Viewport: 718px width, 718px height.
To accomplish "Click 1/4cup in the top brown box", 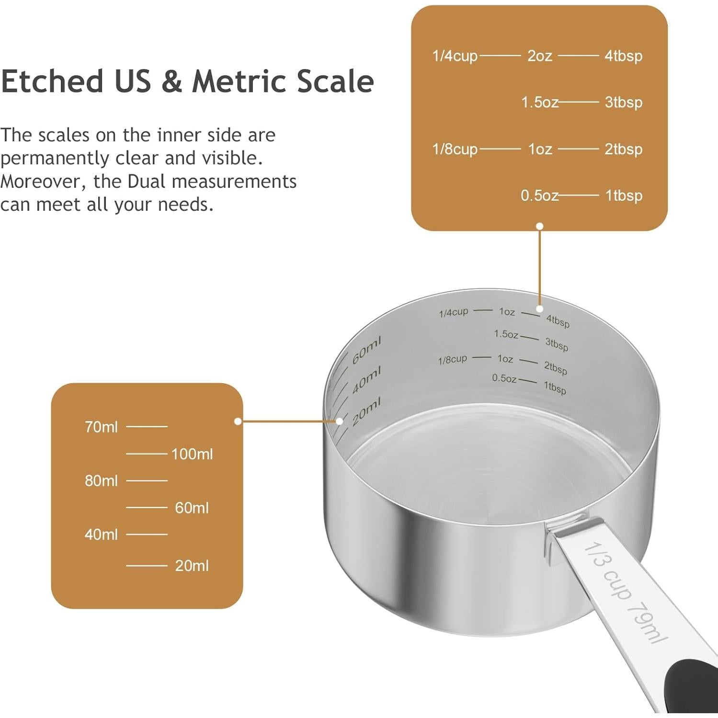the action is pos(455,56).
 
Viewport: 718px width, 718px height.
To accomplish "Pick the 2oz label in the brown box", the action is pos(540,56).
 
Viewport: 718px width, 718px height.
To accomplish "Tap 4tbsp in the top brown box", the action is pos(623,56).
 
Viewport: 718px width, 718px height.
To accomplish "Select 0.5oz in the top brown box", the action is pos(540,195).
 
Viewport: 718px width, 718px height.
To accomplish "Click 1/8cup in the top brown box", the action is pos(455,149).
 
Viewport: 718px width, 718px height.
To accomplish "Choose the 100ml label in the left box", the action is pos(192,454).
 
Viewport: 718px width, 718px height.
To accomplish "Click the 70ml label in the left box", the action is pos(101,427).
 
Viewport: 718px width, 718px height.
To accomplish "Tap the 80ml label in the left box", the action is pos(101,480).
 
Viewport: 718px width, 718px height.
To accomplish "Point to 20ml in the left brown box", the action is pos(192,566).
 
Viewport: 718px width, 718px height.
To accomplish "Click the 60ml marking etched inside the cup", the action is pos(366,350).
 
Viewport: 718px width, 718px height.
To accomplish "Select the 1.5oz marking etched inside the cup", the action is pos(506,334).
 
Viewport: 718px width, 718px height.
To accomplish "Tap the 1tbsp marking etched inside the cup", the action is pos(555,387).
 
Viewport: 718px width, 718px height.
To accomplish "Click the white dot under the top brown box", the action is pos(540,226).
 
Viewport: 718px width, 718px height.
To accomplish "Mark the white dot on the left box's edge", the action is pos(238,422).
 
